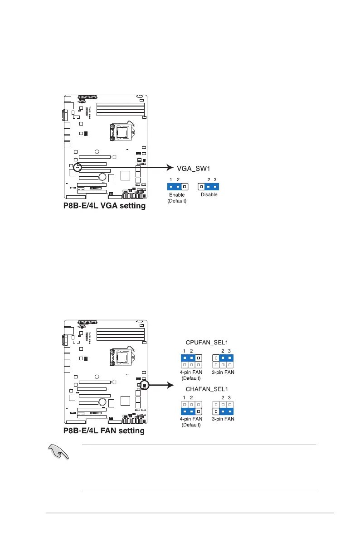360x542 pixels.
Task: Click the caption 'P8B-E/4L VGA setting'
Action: point(104,206)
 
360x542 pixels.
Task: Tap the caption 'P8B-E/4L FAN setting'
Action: point(103,431)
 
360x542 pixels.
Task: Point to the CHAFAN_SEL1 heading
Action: point(207,389)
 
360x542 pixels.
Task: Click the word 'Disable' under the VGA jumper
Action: point(209,195)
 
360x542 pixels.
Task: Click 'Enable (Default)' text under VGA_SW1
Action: point(177,198)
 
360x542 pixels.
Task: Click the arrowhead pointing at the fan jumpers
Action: point(171,385)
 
